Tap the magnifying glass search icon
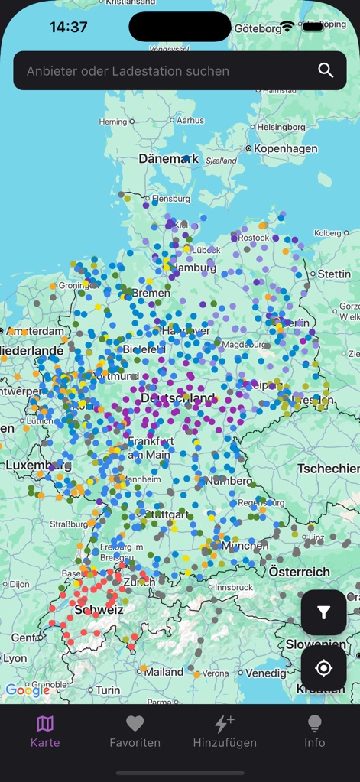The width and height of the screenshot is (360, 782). click(x=326, y=71)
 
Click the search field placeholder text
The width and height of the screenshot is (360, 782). click(x=128, y=71)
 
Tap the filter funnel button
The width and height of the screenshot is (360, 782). click(x=323, y=612)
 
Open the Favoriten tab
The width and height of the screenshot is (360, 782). click(x=135, y=731)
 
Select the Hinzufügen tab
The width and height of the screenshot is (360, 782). click(x=225, y=731)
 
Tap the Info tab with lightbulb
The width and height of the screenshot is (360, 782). click(x=314, y=731)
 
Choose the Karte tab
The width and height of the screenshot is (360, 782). click(x=45, y=731)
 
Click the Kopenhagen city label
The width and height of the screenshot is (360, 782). click(x=285, y=148)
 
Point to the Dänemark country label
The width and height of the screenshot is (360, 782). click(x=168, y=159)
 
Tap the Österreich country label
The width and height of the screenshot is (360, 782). click(x=299, y=572)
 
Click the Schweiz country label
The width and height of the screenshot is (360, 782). click(x=99, y=610)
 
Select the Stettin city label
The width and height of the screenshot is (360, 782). click(x=334, y=274)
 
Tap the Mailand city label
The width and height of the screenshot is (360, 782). click(x=164, y=672)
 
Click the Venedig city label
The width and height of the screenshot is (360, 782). click(x=267, y=673)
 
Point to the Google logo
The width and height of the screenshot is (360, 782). click(x=28, y=690)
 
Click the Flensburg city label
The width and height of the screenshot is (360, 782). click(x=170, y=199)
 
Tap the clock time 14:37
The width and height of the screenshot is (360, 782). click(x=68, y=27)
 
